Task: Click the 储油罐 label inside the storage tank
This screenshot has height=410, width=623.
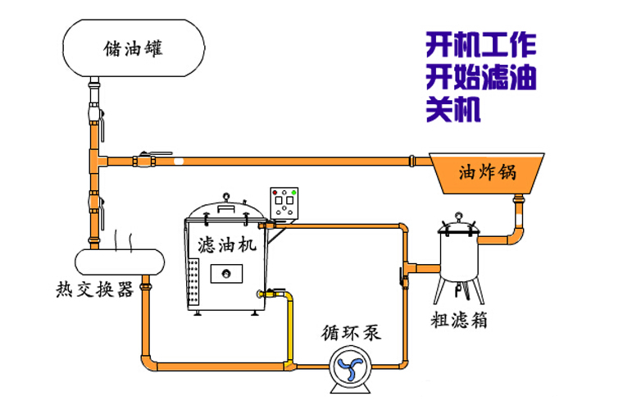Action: (x=133, y=48)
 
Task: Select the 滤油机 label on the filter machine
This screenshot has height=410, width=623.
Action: (x=227, y=244)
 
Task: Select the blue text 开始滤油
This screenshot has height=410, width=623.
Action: (x=480, y=77)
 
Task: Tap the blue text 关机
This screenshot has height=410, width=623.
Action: (x=452, y=110)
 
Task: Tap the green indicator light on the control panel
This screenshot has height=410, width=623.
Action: (x=293, y=193)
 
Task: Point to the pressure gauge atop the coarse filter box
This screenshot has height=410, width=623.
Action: (x=458, y=217)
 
